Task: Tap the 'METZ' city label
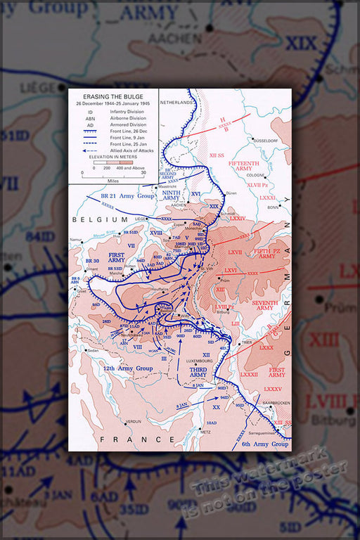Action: (206, 432)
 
